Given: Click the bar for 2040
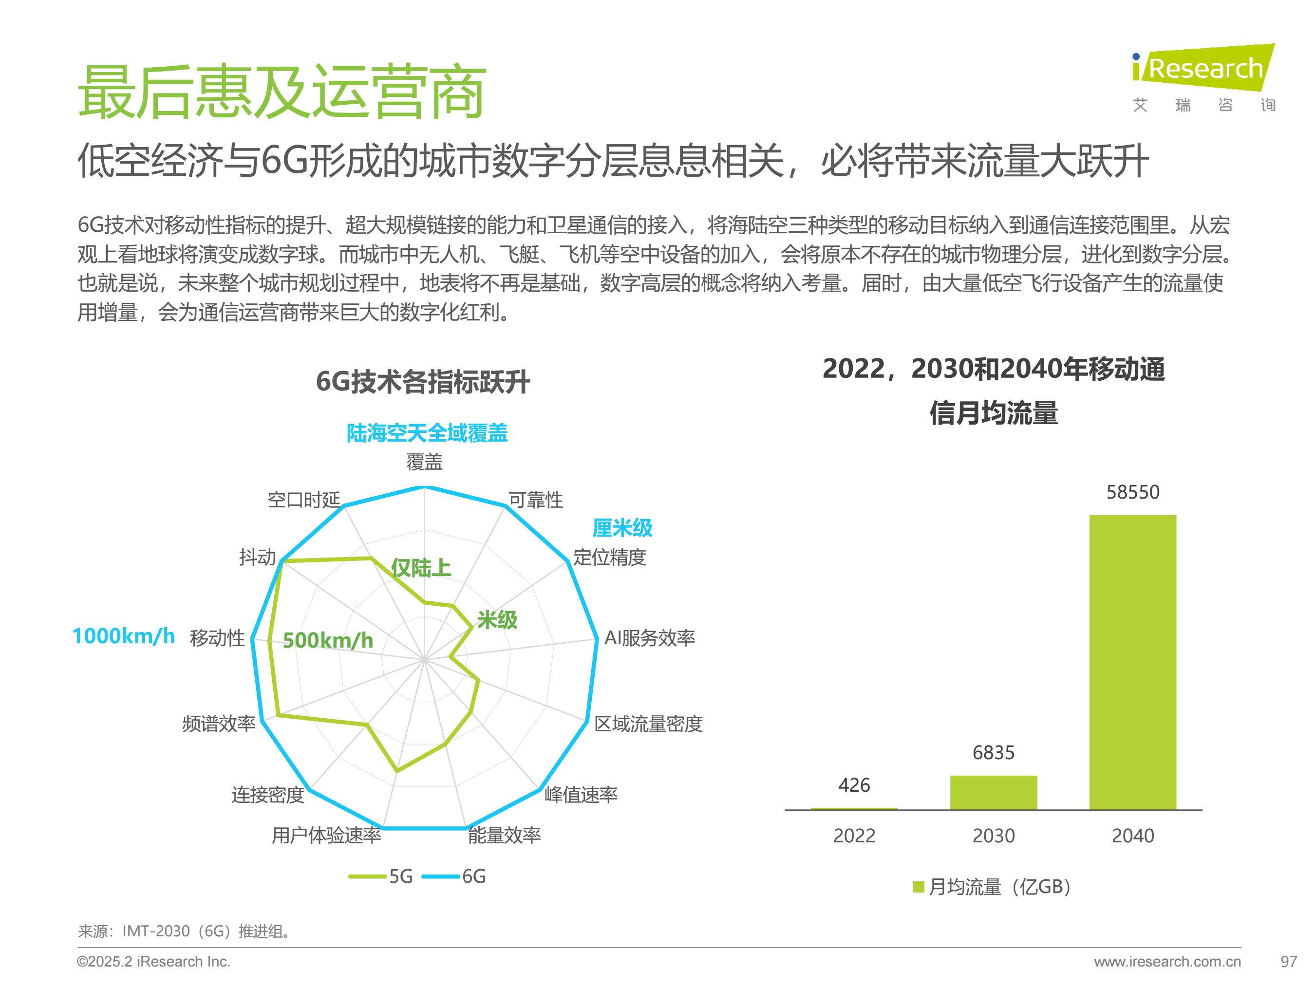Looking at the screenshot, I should click(x=1132, y=662).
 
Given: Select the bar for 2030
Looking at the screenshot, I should click(x=994, y=792).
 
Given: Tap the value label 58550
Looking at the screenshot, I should click(x=1132, y=492).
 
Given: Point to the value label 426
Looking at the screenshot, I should click(x=854, y=785).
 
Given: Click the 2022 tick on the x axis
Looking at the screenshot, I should click(x=854, y=836).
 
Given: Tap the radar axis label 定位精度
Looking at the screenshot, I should click(x=609, y=557).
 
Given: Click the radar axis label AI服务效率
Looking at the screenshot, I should click(x=649, y=638).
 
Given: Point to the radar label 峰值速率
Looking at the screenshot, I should click(x=581, y=795).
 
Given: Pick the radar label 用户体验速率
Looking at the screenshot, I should click(x=326, y=836).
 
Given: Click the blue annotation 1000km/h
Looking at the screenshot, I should click(x=124, y=636).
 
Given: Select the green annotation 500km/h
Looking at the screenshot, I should click(x=328, y=640).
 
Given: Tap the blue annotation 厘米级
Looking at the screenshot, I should click(x=622, y=528).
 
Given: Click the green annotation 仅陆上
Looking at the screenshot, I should click(x=421, y=568).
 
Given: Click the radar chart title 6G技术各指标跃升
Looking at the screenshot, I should click(x=423, y=382).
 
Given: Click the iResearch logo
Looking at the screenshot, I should click(x=1203, y=77).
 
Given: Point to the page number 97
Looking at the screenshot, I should click(x=1288, y=961).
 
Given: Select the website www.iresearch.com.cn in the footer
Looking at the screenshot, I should click(x=1167, y=961).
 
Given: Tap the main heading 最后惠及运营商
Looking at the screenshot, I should click(x=282, y=92).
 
